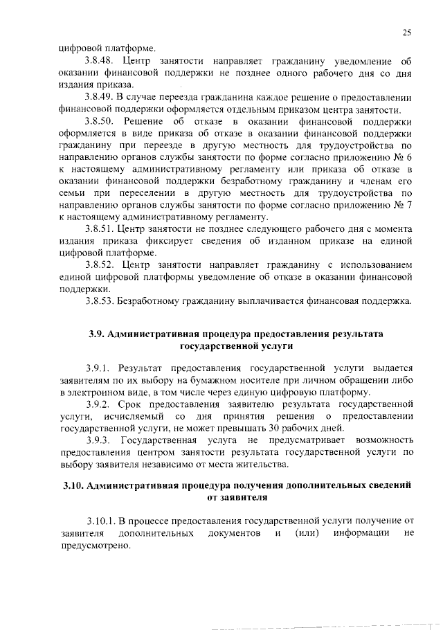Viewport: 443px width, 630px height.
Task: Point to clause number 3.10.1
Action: (x=101, y=521)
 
